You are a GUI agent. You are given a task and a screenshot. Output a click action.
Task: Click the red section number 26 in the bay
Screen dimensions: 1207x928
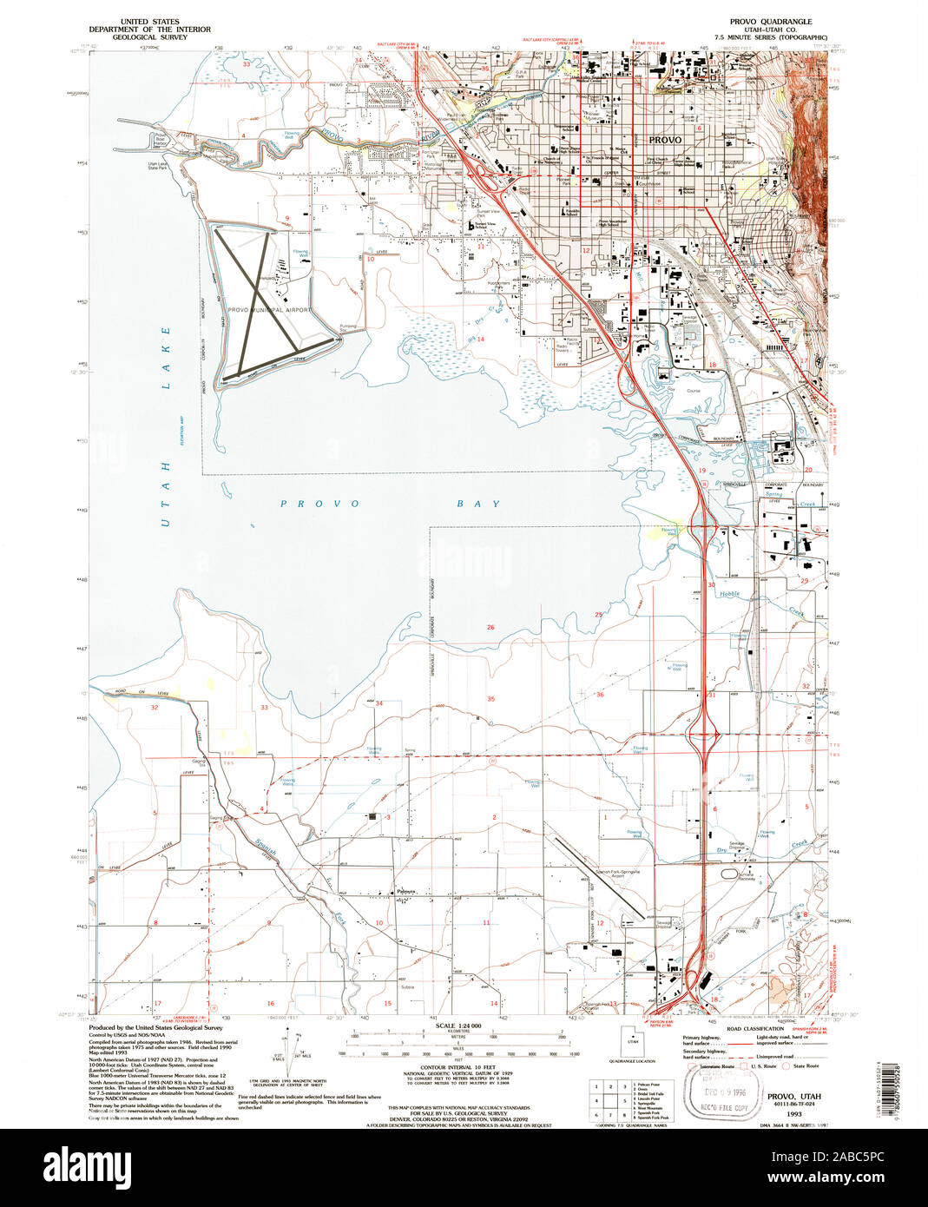[490, 627]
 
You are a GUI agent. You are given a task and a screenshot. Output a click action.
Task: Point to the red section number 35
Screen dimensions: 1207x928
[490, 698]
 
